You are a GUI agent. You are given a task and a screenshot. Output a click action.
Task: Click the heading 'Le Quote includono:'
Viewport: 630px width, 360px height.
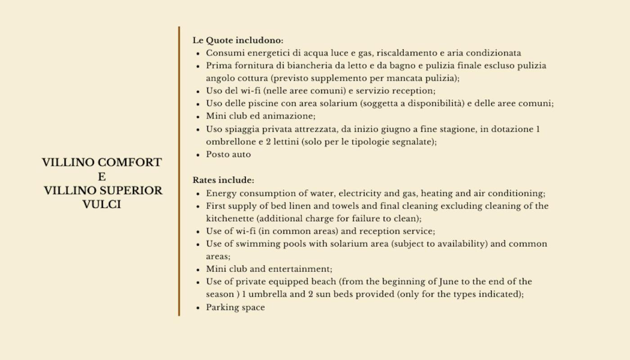(238, 40)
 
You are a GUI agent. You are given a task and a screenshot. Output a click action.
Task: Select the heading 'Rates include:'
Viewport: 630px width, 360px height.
(223, 180)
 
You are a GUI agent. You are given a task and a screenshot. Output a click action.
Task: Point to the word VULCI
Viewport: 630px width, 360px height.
(102, 205)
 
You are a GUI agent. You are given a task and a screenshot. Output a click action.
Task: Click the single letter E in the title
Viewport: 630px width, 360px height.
(102, 177)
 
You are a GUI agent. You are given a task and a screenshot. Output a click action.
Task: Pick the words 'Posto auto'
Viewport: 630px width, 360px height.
(228, 154)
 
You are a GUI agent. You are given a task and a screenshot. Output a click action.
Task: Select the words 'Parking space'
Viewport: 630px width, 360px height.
(235, 308)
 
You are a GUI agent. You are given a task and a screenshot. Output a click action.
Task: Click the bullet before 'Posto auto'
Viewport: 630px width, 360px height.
(198, 155)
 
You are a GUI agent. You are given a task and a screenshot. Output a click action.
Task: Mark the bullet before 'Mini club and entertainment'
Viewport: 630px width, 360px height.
(198, 270)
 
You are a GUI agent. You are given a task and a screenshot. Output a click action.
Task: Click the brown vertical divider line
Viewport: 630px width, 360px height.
(179, 171)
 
